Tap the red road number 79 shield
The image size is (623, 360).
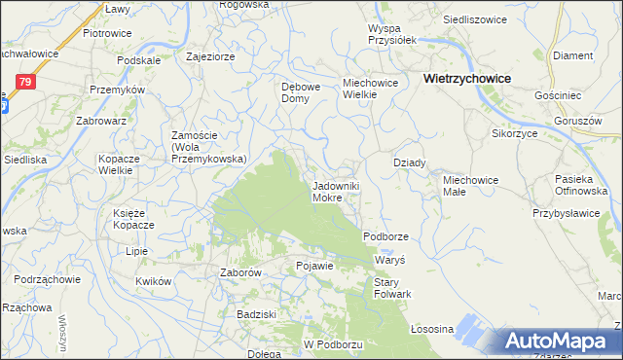(26, 82)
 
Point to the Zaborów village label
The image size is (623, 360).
(239, 273)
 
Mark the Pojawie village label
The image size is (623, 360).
(314, 266)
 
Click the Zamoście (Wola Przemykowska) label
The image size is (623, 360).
(207, 147)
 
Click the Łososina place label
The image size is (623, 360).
(433, 329)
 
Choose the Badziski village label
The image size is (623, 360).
(258, 314)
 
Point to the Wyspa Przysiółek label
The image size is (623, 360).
(391, 34)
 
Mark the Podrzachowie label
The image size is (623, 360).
(46, 279)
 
